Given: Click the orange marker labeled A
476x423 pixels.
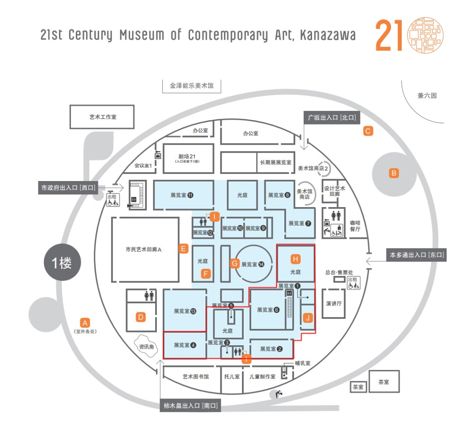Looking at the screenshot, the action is (x=86, y=322).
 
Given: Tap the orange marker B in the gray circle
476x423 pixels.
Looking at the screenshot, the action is (x=394, y=173).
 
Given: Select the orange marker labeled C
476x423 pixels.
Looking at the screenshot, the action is (x=368, y=131).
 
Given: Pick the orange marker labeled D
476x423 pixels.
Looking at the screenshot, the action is (x=141, y=317).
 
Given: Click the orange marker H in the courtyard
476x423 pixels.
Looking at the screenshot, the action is (x=296, y=258).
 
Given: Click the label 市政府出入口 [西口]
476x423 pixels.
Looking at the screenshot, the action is (x=68, y=188).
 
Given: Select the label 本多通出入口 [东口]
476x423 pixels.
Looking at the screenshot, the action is (x=416, y=255).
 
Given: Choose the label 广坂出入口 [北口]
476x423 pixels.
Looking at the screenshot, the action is (x=331, y=117).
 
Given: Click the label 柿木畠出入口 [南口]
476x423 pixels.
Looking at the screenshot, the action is (x=190, y=406).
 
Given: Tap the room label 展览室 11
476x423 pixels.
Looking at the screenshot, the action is (x=182, y=195).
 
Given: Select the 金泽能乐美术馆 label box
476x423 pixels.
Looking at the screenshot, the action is (x=191, y=85).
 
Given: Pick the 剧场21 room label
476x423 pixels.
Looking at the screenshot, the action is (x=188, y=157).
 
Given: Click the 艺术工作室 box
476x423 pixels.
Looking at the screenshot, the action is (x=102, y=117).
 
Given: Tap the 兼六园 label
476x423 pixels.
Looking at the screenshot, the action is (x=427, y=95).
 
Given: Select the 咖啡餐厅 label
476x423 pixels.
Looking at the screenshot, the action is (x=355, y=226).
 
